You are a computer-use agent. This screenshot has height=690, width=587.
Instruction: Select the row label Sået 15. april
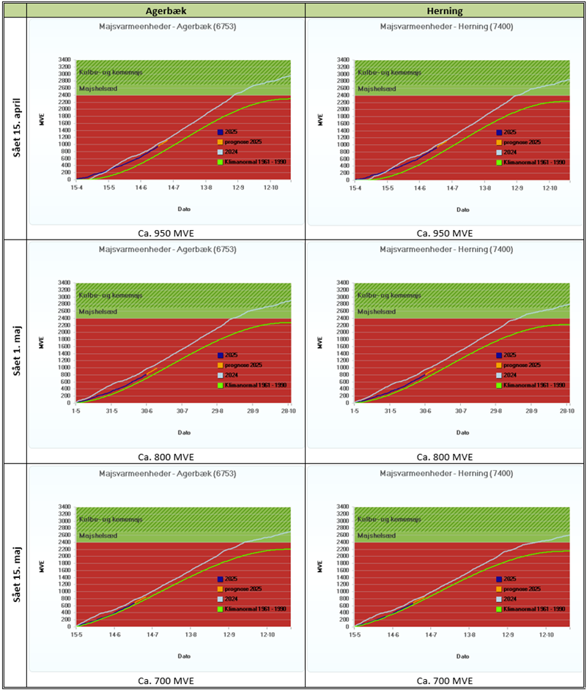[x=14, y=129]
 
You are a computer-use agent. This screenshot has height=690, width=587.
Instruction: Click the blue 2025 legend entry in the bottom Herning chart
[x=514, y=578]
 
